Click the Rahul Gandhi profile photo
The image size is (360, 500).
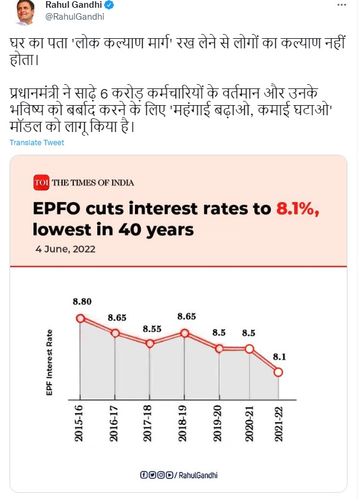(23, 12)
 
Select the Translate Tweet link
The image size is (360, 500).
(36, 143)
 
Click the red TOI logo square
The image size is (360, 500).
(39, 182)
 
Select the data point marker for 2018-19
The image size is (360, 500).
(185, 333)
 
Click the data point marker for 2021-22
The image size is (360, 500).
(278, 372)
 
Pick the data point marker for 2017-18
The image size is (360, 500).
(150, 343)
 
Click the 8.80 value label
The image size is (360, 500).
(82, 302)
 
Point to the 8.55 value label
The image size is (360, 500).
(151, 329)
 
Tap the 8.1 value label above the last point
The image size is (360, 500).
(279, 357)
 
